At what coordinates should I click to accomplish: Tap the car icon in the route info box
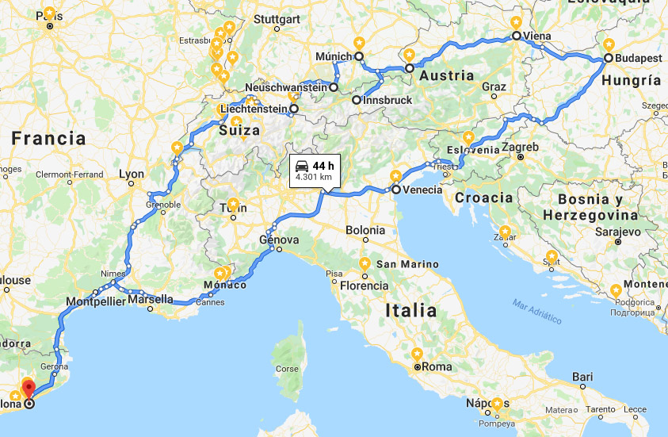pyautogui.click(x=302, y=166)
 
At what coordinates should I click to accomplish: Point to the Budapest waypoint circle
pyautogui.click(x=608, y=58)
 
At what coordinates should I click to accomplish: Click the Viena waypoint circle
pyautogui.click(x=516, y=36)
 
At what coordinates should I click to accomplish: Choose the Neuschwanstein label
pyautogui.click(x=286, y=87)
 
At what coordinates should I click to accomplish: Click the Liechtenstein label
pyautogui.click(x=252, y=109)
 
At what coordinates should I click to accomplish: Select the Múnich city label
pyautogui.click(x=333, y=56)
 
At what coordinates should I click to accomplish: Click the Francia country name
pyautogui.click(x=48, y=138)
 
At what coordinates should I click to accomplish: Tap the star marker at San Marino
pyautogui.click(x=365, y=263)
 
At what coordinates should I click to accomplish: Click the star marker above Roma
pyautogui.click(x=417, y=354)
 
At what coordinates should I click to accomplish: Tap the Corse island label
pyautogui.click(x=287, y=369)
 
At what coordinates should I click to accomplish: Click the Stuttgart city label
pyautogui.click(x=277, y=19)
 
